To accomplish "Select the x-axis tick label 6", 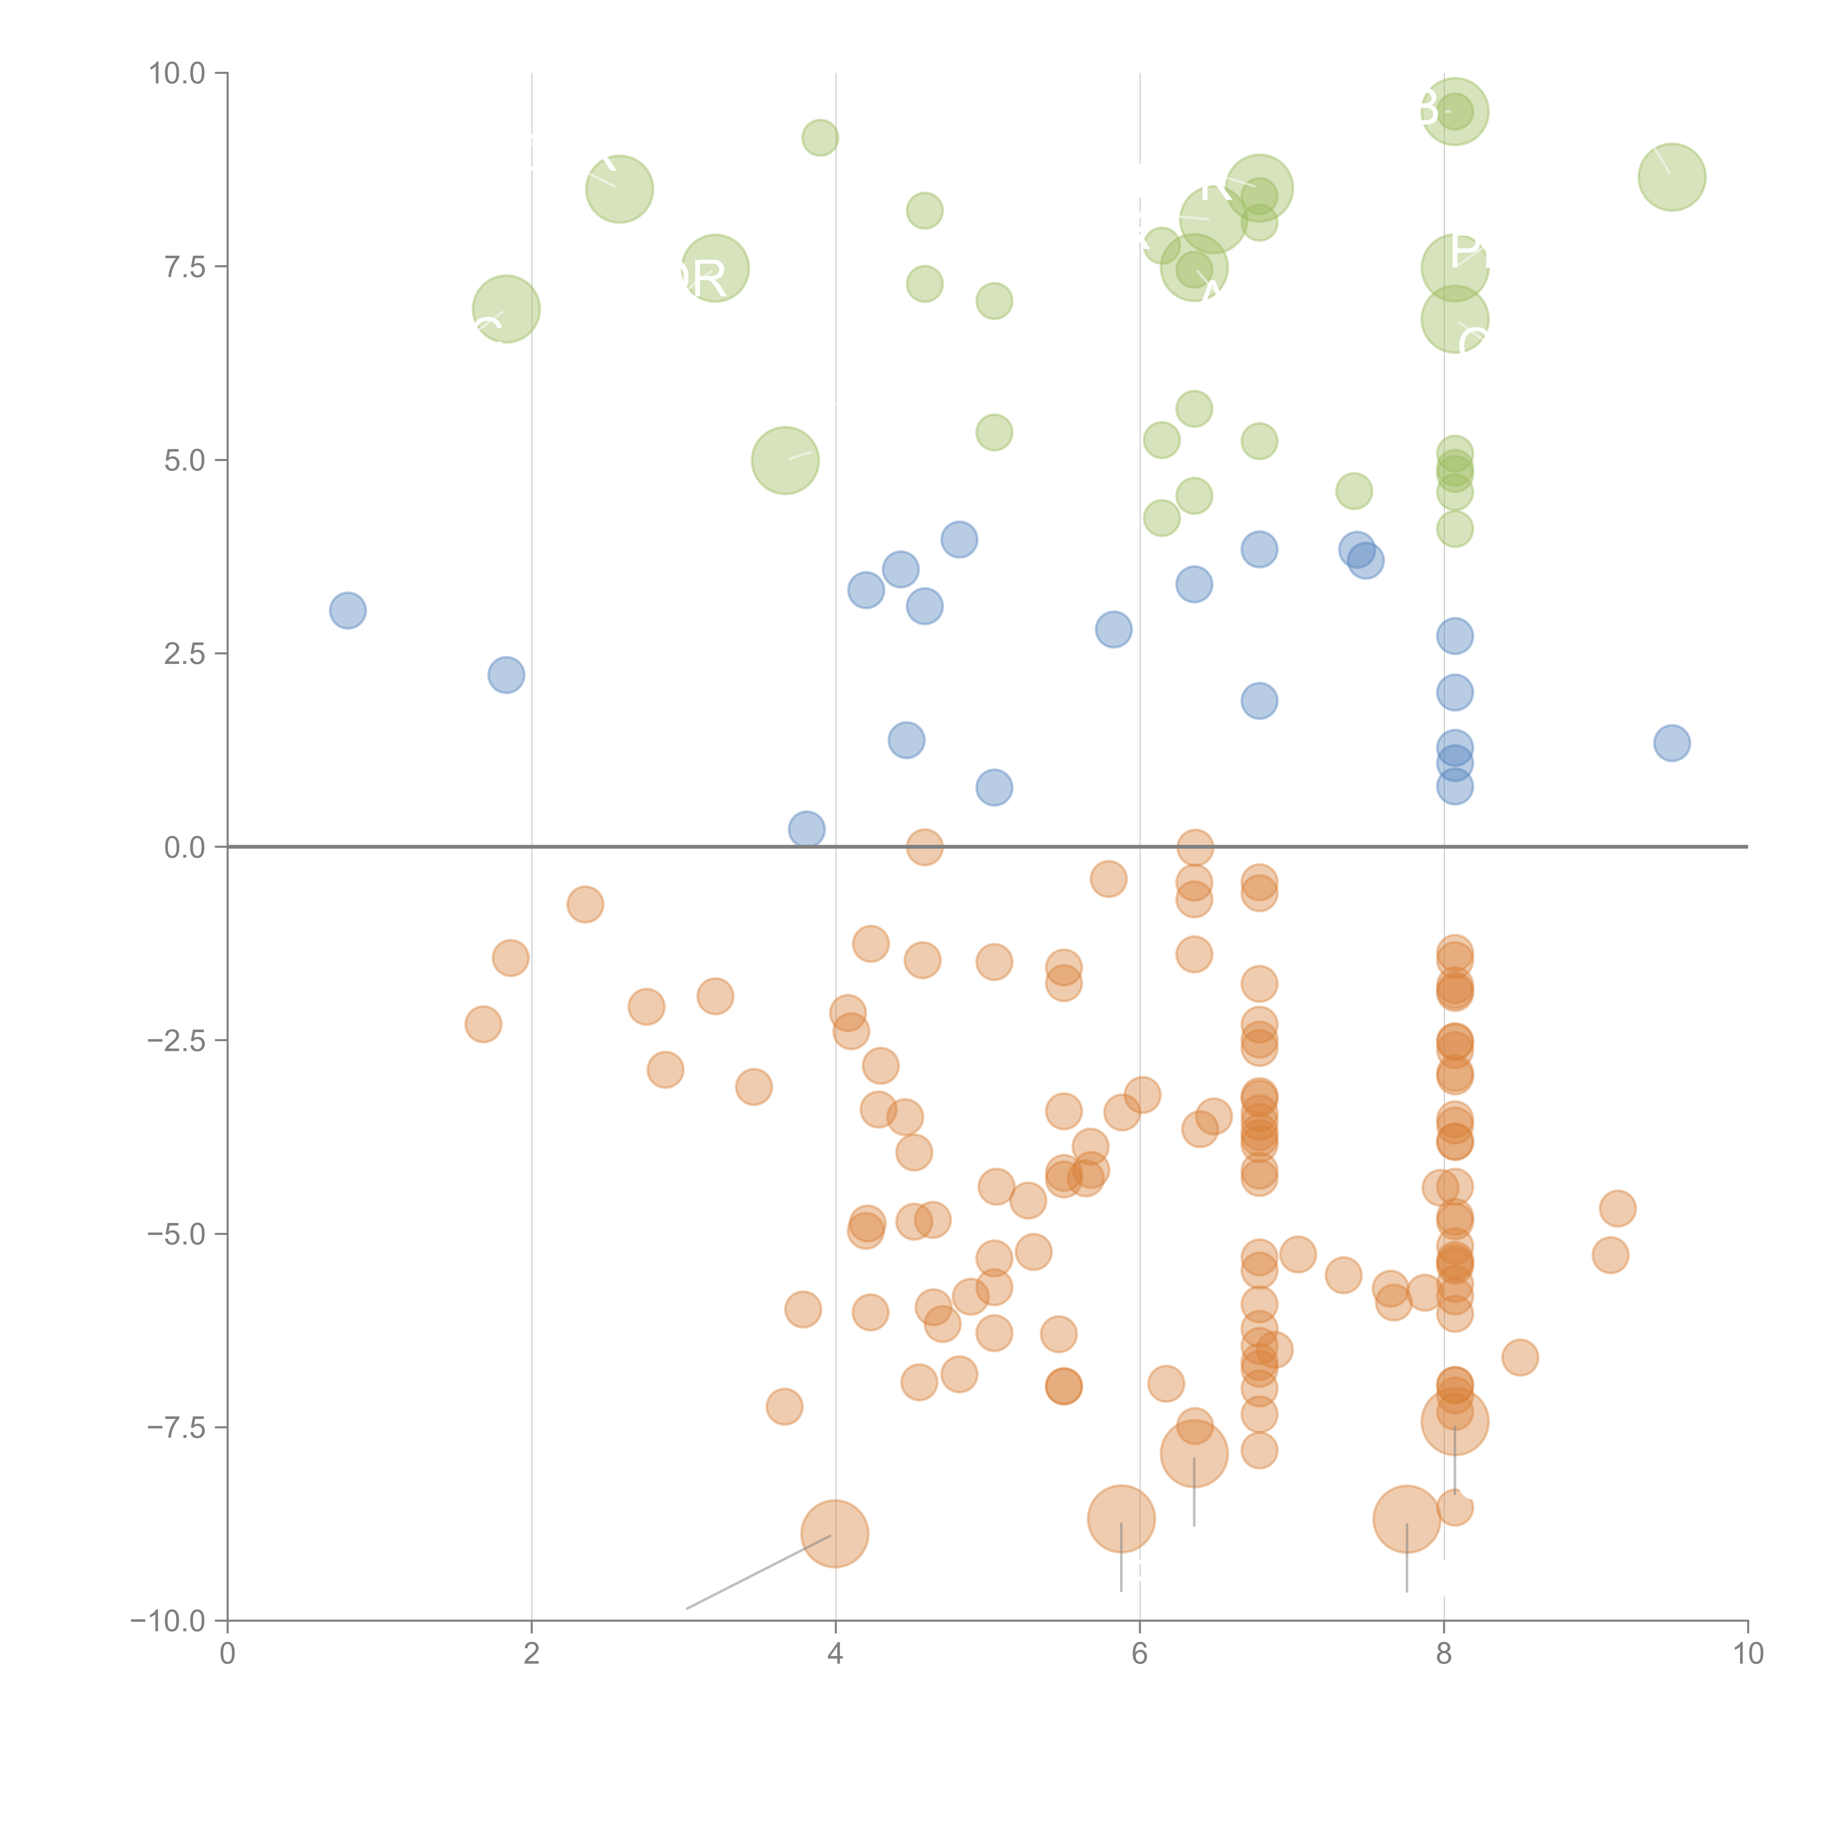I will [1140, 1653].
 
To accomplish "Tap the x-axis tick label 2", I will [532, 1653].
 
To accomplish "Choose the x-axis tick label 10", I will [1747, 1653].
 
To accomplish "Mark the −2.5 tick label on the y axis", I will [176, 1041].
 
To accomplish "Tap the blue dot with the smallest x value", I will [348, 611].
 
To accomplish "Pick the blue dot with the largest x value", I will [1671, 743].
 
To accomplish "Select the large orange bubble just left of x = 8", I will [1406, 1518].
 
